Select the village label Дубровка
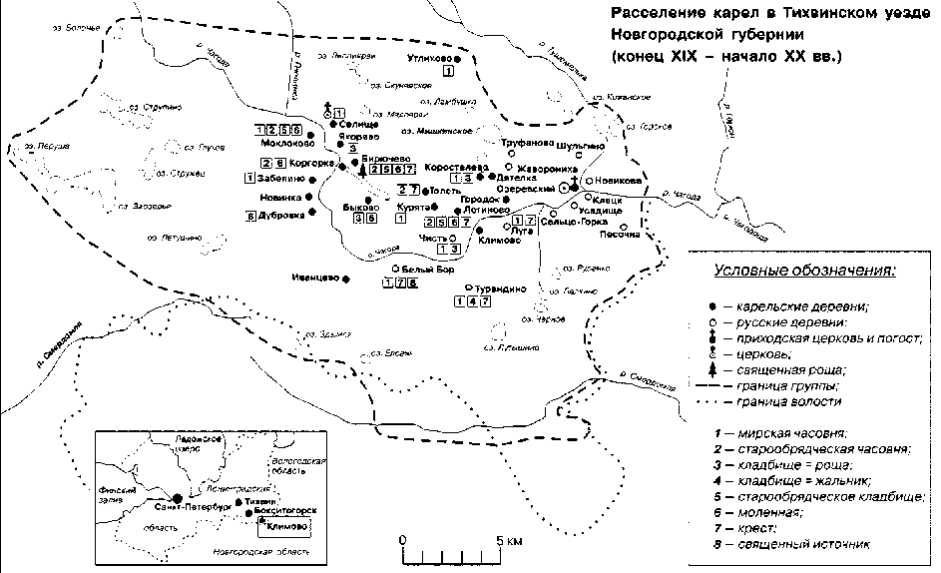click(279, 213)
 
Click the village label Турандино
click(500, 288)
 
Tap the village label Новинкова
click(620, 181)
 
